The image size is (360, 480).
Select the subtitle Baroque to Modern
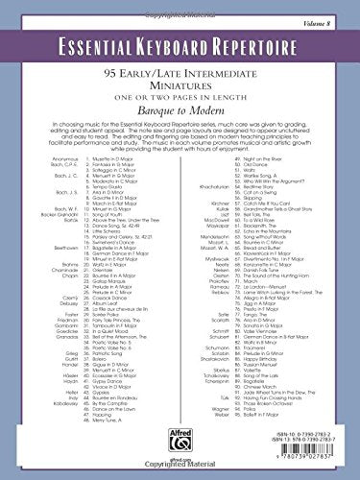click(180, 111)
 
